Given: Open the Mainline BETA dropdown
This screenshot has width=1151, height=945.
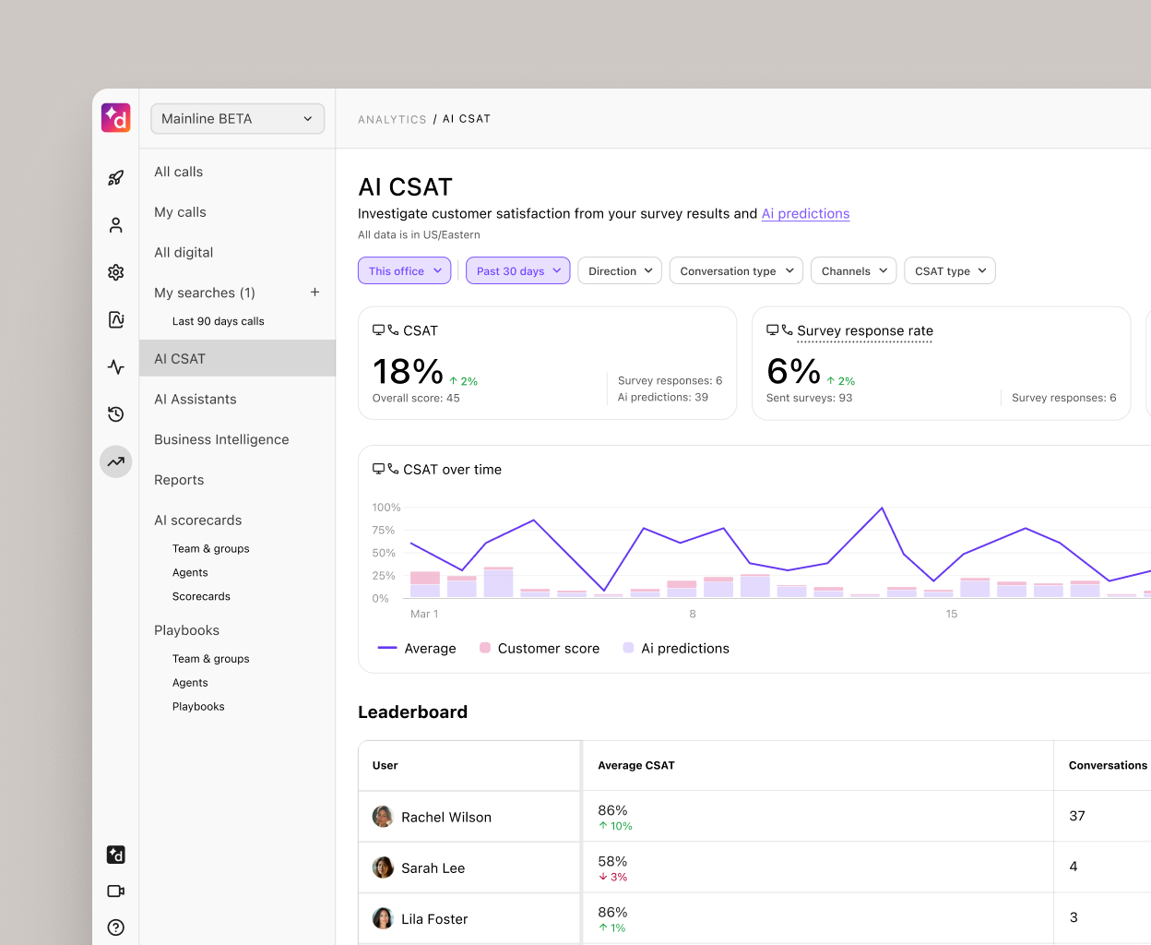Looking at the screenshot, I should [237, 119].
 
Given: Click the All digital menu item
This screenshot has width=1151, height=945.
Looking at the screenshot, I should [184, 253].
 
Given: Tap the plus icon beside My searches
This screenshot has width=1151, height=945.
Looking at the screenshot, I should [314, 293].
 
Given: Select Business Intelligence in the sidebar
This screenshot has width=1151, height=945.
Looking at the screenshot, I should [221, 440].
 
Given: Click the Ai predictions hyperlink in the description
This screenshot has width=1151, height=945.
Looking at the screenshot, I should [805, 214].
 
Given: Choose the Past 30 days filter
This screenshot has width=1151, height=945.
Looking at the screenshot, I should [517, 271].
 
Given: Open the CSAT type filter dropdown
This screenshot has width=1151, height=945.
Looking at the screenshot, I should [949, 271].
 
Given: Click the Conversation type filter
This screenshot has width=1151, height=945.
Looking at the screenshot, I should [735, 271].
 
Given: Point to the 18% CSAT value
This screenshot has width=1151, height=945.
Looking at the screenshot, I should [408, 372].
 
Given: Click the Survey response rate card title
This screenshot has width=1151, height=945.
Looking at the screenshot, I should [864, 331].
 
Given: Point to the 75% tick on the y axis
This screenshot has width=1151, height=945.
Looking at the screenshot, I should [383, 531].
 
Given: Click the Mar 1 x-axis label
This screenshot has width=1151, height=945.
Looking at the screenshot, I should [424, 615].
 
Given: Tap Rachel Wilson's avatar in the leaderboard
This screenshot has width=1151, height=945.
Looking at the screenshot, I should [383, 817].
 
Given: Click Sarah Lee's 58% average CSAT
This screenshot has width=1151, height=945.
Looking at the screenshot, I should [612, 862].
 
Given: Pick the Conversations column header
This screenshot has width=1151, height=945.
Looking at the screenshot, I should [1107, 766].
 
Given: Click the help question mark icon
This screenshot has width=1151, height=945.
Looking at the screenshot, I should [116, 927].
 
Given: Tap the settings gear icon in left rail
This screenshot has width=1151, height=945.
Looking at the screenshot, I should [116, 272].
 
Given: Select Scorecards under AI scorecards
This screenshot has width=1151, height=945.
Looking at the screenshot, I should [201, 597].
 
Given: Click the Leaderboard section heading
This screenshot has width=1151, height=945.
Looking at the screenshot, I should [412, 712].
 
